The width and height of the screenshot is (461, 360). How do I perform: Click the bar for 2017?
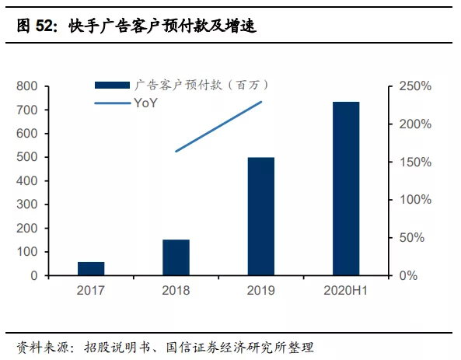[x=91, y=268]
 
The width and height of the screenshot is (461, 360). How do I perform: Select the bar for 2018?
[x=176, y=257]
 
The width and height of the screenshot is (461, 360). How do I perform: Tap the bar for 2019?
[x=261, y=216]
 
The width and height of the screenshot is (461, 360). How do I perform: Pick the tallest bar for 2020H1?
[x=346, y=188]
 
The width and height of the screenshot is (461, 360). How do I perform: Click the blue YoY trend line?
[x=218, y=126]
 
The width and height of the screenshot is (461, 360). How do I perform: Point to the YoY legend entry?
[x=145, y=102]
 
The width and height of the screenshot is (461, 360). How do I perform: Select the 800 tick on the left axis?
[x=28, y=86]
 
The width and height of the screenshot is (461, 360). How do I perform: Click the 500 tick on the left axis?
[x=28, y=157]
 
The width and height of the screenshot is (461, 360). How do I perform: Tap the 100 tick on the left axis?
[x=28, y=252]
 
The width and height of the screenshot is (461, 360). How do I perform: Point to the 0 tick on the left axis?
[x=34, y=276]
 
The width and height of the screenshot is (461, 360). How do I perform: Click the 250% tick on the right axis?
[x=415, y=86]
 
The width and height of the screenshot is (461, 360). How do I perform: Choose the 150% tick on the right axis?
[x=415, y=162]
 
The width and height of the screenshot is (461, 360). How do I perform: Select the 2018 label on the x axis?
[x=176, y=292]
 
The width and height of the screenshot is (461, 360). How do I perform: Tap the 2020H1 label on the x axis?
[x=346, y=292]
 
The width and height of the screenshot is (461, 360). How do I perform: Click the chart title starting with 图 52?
[x=137, y=27]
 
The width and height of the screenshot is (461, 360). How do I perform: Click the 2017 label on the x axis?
[x=91, y=292]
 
